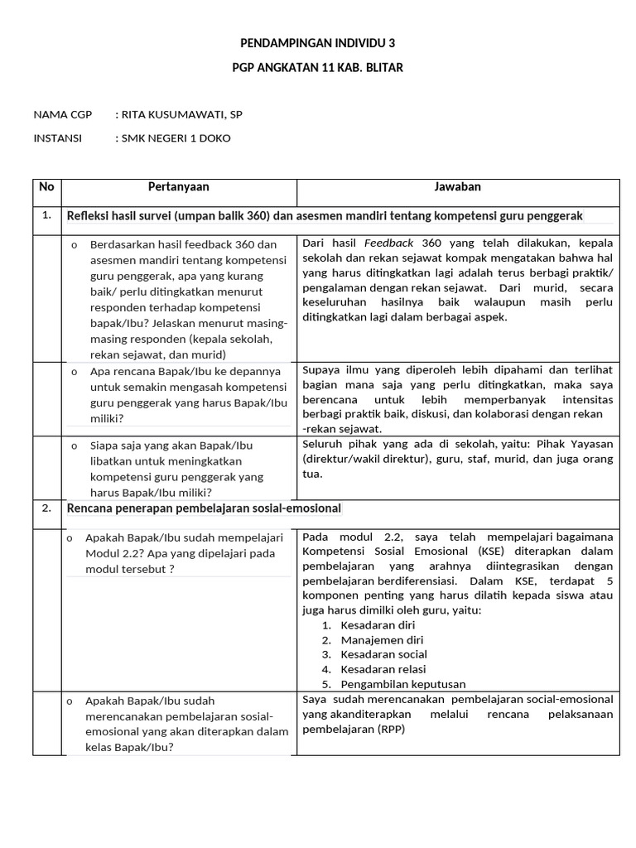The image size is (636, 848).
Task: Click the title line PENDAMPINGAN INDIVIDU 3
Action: (317, 42)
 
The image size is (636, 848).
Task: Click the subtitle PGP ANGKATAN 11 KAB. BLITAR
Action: (317, 67)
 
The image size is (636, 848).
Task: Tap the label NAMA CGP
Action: (63, 114)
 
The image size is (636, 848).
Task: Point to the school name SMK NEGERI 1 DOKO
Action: (176, 138)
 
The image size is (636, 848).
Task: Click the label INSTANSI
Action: (58, 138)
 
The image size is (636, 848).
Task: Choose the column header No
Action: (46, 187)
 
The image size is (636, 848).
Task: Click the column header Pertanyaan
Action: (179, 187)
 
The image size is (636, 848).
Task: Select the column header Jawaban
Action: (457, 187)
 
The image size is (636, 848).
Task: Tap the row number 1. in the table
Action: (46, 215)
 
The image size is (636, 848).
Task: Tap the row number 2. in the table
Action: (46, 508)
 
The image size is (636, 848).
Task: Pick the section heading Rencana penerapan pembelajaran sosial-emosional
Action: (204, 508)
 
